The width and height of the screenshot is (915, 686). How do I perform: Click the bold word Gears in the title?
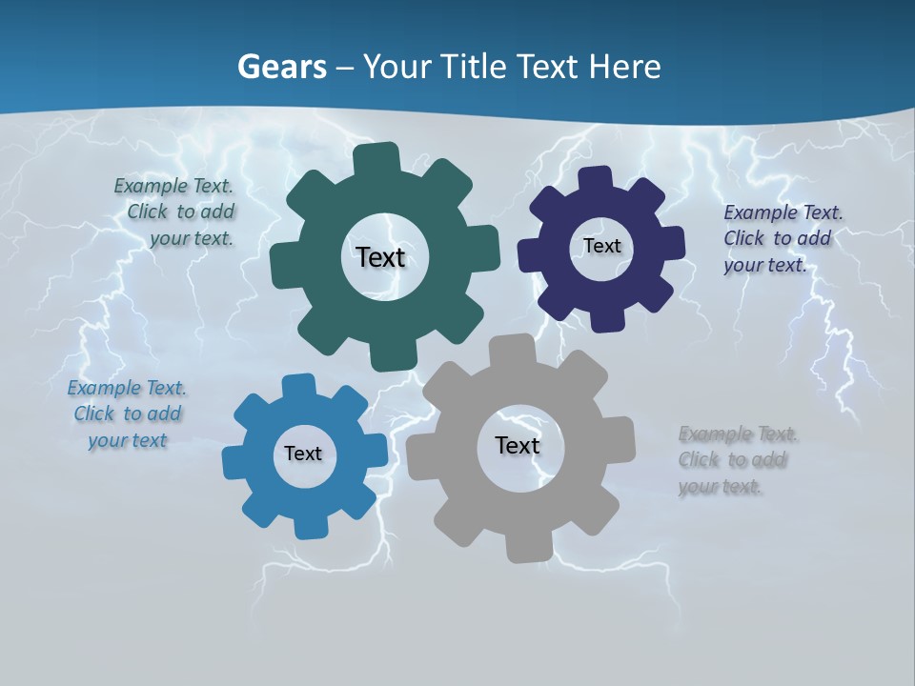(281, 67)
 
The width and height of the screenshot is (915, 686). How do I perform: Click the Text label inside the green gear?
(380, 257)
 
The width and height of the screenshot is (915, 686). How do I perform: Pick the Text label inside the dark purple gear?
(601, 246)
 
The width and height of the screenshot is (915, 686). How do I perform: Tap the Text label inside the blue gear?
(303, 454)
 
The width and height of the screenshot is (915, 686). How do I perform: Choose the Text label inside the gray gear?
(518, 445)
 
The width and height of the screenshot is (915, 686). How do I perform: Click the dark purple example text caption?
(778, 238)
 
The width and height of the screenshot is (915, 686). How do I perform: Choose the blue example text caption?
(127, 414)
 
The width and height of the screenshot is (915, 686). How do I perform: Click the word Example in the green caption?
(152, 186)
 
